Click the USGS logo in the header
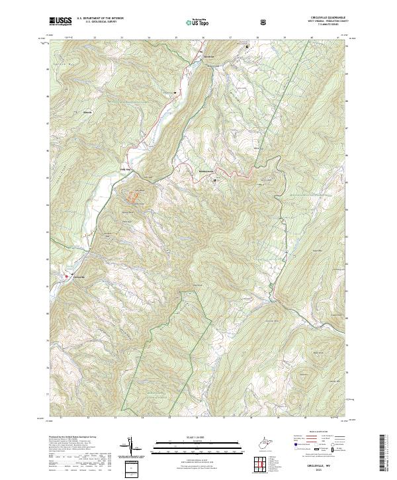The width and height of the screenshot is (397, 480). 61,21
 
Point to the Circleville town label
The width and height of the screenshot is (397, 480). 79,276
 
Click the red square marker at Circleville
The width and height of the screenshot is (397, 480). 66,276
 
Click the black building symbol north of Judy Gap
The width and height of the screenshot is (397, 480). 175,92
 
